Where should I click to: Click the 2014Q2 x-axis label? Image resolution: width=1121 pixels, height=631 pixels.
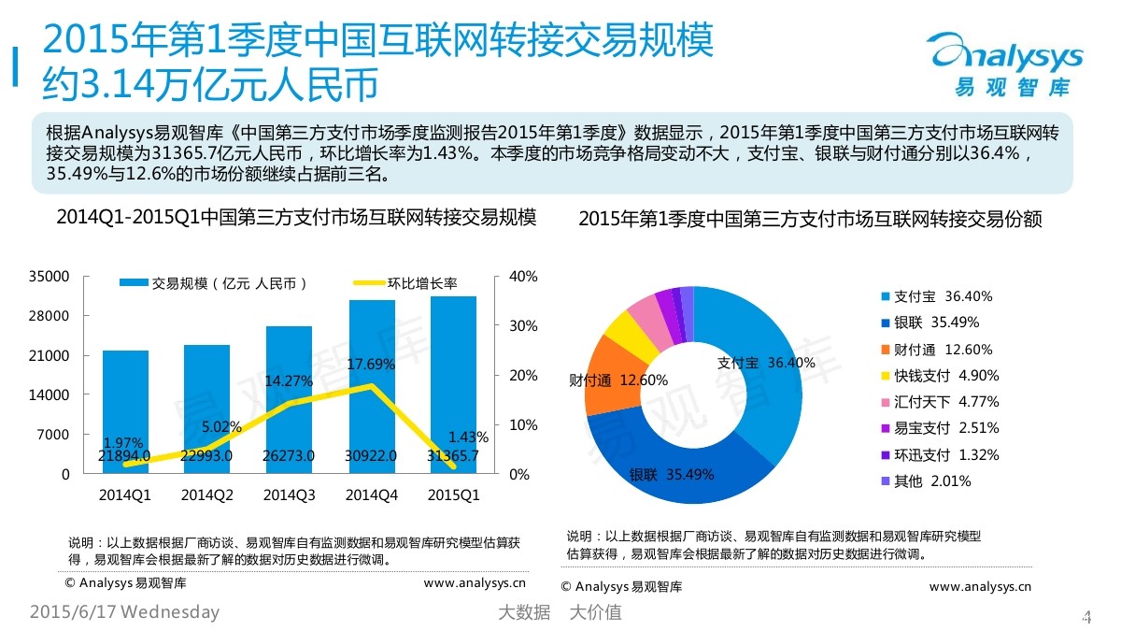tap(206, 495)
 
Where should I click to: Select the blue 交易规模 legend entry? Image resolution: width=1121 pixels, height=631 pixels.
tap(214, 283)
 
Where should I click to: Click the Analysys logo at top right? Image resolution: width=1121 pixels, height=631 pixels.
tap(1006, 61)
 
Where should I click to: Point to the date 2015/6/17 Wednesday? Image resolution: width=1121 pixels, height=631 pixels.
tap(125, 613)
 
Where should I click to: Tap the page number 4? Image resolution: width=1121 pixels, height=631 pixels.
tap(1086, 615)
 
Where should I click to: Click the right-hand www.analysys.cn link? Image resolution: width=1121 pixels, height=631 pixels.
tap(980, 587)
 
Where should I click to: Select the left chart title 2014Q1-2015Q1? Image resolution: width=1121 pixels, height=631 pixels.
tap(296, 218)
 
